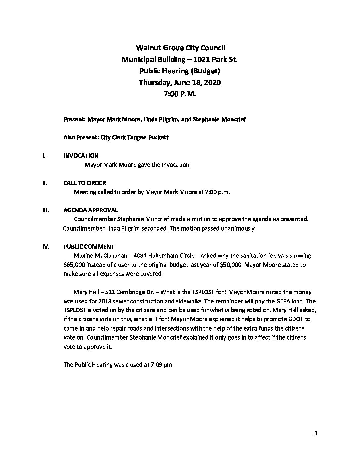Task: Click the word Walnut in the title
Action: tap(149, 48)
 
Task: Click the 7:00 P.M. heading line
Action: tap(180, 94)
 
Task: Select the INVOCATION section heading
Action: tap(81, 156)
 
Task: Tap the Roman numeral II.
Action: tap(44, 183)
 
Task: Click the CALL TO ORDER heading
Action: tap(85, 183)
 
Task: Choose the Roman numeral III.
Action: tap(45, 210)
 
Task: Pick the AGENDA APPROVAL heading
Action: tap(91, 210)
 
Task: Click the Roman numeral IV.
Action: tap(45, 247)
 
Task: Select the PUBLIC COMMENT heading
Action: tap(89, 247)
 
